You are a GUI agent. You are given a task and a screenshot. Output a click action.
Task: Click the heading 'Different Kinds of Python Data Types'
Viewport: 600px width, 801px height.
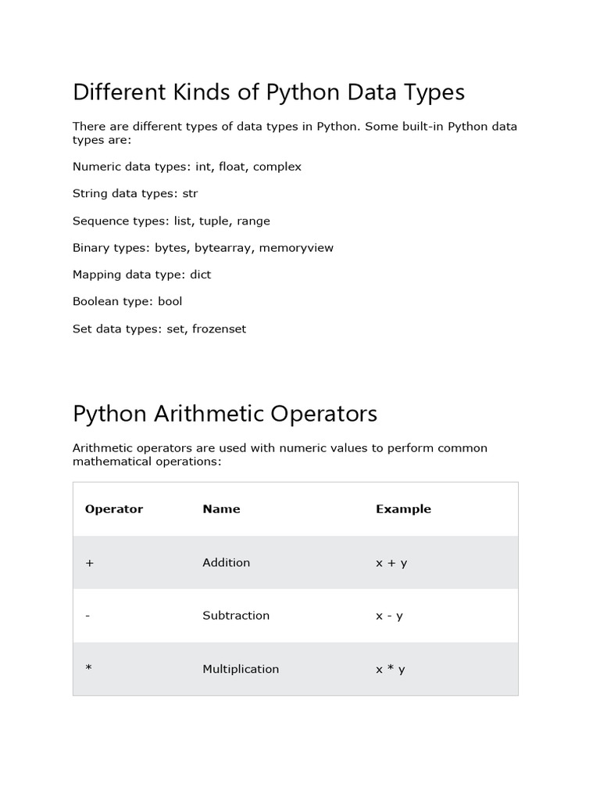tap(268, 92)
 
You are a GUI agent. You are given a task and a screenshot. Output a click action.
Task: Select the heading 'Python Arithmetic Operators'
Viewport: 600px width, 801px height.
tap(224, 413)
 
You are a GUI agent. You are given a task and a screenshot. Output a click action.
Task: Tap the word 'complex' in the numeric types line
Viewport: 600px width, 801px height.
tap(277, 167)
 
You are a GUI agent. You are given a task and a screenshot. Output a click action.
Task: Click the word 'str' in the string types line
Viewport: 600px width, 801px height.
tap(190, 193)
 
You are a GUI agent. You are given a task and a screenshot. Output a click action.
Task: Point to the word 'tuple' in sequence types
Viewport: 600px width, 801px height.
tap(215, 221)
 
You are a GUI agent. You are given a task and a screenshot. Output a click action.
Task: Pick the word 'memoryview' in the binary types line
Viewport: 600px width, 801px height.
tap(296, 247)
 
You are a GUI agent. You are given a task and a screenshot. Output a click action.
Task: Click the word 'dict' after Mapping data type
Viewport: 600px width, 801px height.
tap(199, 275)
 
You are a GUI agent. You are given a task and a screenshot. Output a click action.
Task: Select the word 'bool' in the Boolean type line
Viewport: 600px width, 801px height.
tap(170, 301)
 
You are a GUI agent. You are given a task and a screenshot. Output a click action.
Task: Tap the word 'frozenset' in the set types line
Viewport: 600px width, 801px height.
tap(216, 329)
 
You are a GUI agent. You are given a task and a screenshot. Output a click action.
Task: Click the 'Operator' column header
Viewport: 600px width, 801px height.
tap(114, 509)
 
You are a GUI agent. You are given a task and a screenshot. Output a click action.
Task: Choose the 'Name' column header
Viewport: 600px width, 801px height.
tap(221, 509)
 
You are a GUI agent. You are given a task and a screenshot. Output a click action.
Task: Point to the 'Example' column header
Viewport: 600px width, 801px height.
tap(403, 509)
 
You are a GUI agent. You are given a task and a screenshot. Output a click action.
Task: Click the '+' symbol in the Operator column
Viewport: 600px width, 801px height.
tap(90, 562)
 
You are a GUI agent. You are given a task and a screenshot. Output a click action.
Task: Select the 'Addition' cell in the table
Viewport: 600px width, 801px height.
tap(226, 562)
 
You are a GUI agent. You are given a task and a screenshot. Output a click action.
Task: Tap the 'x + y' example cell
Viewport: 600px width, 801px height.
tap(391, 562)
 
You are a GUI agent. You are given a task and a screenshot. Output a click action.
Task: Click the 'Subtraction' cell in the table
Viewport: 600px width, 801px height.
tap(236, 616)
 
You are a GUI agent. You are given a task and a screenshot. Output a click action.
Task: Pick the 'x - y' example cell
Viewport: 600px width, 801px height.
tap(389, 616)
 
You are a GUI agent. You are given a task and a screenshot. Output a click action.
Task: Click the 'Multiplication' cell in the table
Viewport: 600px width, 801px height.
tap(241, 669)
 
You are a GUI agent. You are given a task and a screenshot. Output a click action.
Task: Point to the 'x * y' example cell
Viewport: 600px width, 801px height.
tap(391, 669)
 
